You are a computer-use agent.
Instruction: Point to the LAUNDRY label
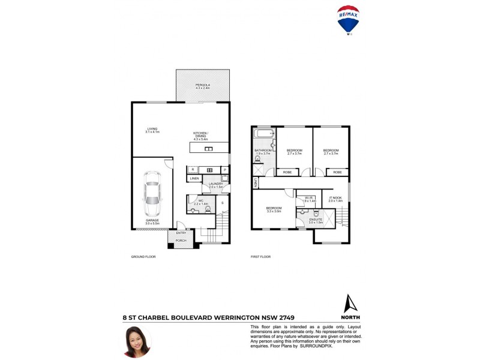pos(215,184)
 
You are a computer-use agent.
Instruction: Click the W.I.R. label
pos(308,197)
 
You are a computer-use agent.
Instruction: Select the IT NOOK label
pos(335,197)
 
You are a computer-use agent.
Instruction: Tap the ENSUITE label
pos(316,220)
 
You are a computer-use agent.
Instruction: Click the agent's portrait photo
pos(137,341)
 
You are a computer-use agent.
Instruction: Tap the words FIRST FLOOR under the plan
pos(261,257)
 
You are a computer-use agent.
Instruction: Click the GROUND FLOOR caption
pos(143,257)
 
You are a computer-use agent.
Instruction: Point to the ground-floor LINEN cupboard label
pos(194,179)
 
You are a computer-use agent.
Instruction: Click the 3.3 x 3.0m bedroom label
pos(274,209)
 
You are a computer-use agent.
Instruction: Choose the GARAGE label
pos(152,220)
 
